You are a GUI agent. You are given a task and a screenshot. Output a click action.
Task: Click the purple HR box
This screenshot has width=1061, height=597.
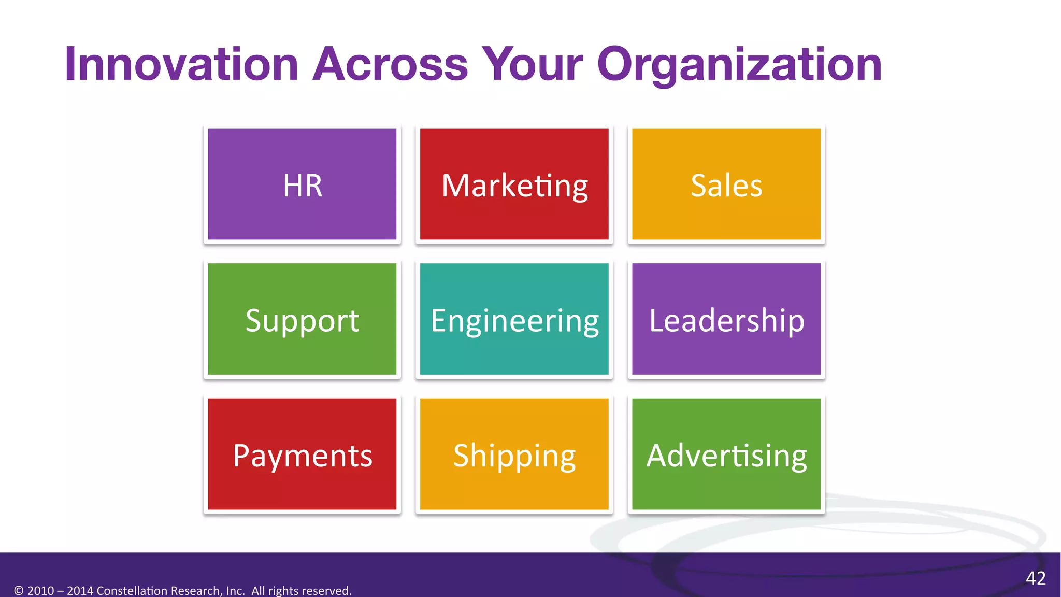point(302,184)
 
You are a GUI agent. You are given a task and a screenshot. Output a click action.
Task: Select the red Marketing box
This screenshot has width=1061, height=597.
point(514,184)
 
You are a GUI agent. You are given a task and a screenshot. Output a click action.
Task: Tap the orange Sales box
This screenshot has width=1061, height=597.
point(726,184)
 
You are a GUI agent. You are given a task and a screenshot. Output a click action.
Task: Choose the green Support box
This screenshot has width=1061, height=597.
point(302,319)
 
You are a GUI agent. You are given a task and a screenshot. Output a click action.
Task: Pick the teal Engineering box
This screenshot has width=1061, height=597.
point(514,319)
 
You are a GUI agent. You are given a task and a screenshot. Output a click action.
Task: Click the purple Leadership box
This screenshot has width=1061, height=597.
point(726,319)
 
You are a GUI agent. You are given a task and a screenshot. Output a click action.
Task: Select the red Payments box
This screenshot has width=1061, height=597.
point(302,454)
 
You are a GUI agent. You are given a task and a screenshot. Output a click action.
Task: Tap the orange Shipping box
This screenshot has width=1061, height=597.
point(514,454)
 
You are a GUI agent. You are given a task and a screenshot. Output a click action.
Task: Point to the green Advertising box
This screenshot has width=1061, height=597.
point(726,454)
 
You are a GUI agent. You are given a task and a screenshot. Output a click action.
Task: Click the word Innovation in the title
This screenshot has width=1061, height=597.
point(181,65)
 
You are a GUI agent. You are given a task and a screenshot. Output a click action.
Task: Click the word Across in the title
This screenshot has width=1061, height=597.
point(390,65)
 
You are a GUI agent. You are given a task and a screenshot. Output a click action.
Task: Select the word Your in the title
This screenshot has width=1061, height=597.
point(532,65)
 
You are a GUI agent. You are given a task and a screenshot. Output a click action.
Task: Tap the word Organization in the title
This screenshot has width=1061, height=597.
point(739,65)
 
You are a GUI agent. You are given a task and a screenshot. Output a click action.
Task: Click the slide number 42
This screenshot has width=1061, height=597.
point(1036,578)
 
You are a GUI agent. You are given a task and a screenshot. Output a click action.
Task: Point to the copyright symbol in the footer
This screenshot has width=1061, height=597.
point(19,591)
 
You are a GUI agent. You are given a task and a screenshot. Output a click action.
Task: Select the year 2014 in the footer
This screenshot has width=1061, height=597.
point(80,591)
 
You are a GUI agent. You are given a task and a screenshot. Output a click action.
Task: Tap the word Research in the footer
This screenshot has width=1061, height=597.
point(196,591)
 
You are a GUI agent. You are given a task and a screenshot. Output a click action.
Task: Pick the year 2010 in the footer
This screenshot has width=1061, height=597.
point(40,591)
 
